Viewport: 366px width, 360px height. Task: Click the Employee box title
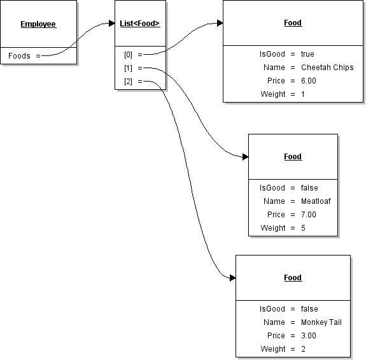[38, 24]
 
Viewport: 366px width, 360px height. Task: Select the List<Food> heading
[140, 24]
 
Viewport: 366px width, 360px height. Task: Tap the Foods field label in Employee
[19, 56]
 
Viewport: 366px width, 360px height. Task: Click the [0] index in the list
[128, 55]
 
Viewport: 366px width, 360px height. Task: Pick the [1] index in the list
[128, 68]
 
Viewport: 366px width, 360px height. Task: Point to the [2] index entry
[128, 82]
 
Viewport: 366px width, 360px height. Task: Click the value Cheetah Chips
[327, 68]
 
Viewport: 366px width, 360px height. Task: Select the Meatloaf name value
[316, 201]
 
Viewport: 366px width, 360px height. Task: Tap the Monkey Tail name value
[321, 322]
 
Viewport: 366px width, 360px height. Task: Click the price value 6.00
[309, 81]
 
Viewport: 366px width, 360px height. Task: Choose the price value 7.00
[309, 215]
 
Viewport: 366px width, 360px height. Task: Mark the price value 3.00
[309, 336]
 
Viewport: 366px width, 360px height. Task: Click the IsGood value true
[307, 54]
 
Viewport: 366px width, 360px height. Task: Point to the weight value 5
[303, 228]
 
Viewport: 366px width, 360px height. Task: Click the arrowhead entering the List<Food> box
[112, 24]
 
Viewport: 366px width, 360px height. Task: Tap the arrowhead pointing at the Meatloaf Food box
[246, 157]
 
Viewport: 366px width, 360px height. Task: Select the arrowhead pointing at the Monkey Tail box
[233, 278]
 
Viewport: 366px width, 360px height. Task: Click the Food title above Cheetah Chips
[293, 23]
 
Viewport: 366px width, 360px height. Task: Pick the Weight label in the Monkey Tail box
[273, 349]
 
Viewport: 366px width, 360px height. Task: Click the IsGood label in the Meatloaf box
[272, 188]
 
